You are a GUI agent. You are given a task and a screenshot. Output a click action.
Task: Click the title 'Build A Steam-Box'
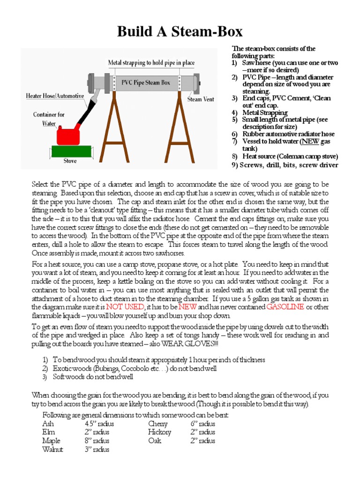[180, 31]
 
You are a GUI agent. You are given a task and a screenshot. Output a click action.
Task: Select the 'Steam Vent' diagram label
[202, 99]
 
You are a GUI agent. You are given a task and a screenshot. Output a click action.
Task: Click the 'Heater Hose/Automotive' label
[55, 96]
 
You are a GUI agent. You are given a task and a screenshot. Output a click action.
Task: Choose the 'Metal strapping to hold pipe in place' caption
[151, 62]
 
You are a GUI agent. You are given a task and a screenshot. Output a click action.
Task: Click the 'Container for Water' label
[49, 118]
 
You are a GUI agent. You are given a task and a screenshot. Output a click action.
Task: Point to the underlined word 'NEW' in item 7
[308, 142]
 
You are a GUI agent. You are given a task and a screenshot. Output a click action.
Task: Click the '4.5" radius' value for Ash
[99, 424]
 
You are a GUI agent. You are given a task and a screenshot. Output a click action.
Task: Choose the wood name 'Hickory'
[159, 432]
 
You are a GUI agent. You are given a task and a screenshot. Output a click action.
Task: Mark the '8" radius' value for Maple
[97, 441]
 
